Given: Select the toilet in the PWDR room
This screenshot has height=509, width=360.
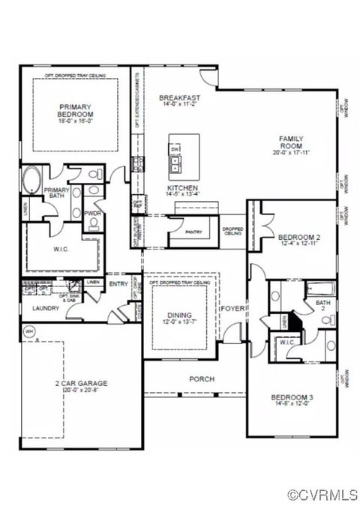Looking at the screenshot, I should (92, 202).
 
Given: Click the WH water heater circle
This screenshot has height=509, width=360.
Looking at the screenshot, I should (30, 332).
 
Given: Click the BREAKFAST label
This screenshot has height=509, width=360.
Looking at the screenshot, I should (178, 98).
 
